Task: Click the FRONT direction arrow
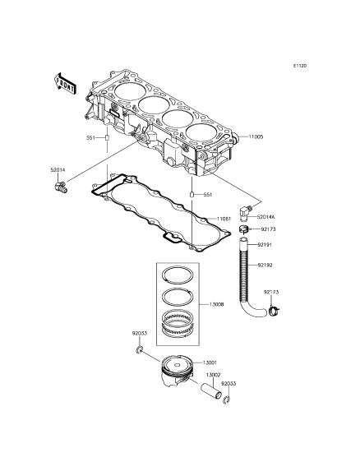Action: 65,84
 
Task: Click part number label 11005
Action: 256,136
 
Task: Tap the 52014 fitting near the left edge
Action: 61,187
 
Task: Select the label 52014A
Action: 266,217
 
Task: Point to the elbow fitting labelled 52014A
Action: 244,211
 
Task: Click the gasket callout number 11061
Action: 224,219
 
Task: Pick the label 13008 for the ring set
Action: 216,304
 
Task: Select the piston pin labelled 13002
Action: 211,390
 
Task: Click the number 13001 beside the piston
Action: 210,362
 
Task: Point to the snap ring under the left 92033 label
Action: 139,349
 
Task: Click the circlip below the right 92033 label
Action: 228,400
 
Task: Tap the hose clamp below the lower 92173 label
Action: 274,311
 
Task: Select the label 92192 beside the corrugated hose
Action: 265,266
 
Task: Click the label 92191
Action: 265,245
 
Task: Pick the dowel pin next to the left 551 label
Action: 106,138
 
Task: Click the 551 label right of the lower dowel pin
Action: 208,195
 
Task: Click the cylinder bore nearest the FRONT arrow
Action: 130,90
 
